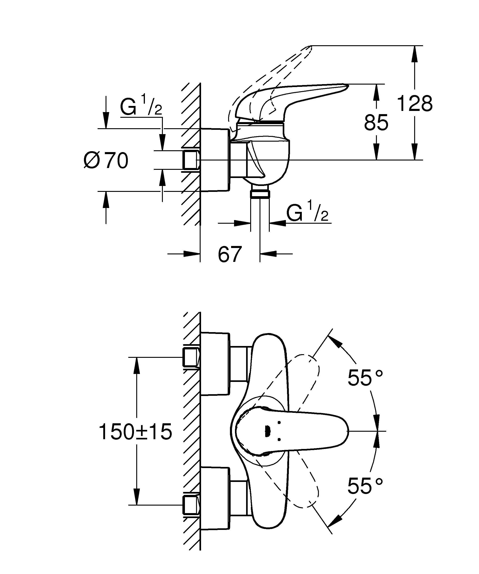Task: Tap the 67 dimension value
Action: pyautogui.click(x=230, y=254)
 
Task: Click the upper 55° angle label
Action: pyautogui.click(x=365, y=378)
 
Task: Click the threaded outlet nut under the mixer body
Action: pyautogui.click(x=260, y=194)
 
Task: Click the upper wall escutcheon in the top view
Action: pyautogui.click(x=215, y=364)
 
